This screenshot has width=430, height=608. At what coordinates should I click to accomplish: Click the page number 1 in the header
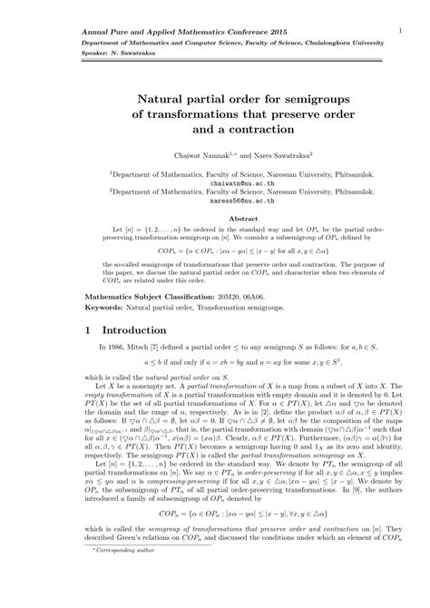pos(400,29)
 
